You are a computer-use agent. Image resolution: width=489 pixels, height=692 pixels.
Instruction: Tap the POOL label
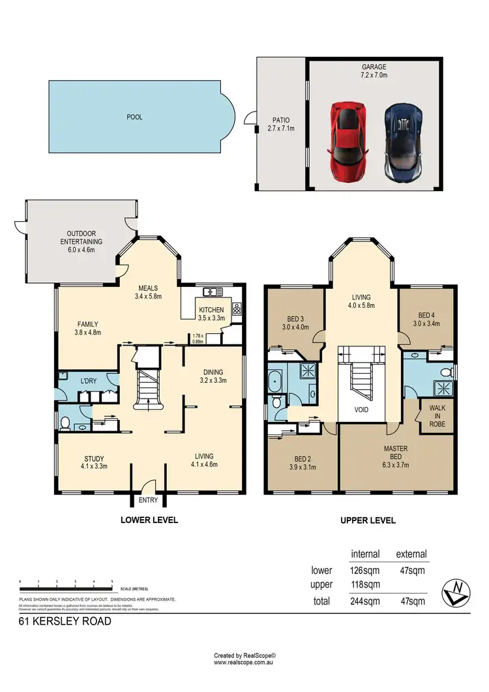tap(135, 117)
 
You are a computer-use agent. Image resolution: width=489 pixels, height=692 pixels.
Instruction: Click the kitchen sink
tap(211, 292)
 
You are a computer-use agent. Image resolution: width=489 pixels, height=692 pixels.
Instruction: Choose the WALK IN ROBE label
tap(436, 416)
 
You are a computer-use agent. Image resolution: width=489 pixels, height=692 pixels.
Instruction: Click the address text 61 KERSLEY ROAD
tap(65, 622)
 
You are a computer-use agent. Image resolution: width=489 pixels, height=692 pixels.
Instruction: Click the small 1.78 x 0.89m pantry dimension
tap(198, 338)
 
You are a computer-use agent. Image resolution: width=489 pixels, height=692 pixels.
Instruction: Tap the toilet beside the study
tap(65, 423)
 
